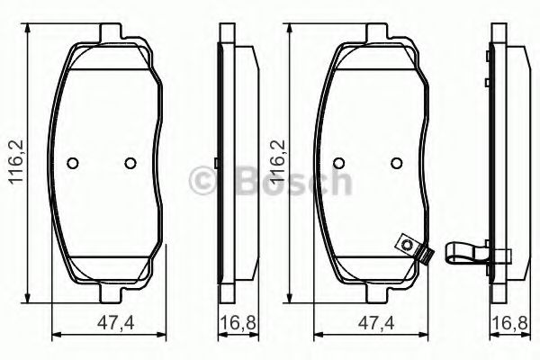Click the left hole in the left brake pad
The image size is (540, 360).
point(74,163)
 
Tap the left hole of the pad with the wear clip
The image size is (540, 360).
point(338,163)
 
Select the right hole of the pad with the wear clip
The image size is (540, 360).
point(395,163)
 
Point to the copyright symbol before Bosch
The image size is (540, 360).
point(202,183)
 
